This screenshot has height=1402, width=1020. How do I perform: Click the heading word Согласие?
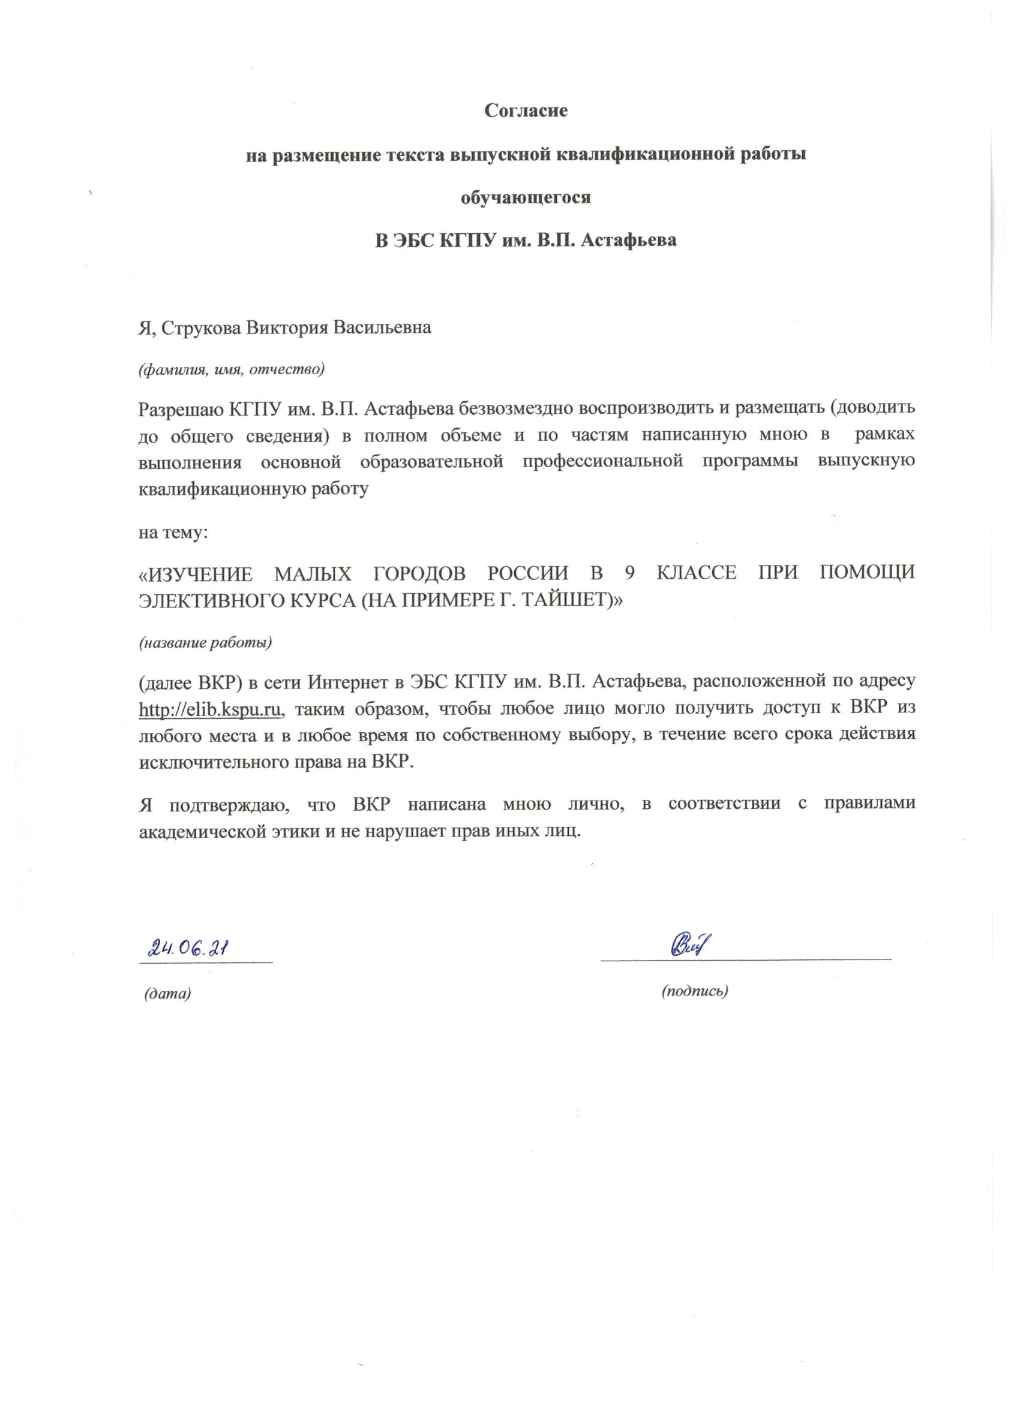(x=526, y=111)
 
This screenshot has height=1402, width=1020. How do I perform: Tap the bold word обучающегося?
(x=526, y=198)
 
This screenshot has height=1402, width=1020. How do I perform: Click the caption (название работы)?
(x=205, y=642)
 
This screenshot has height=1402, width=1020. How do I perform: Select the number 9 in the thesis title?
(x=629, y=573)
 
